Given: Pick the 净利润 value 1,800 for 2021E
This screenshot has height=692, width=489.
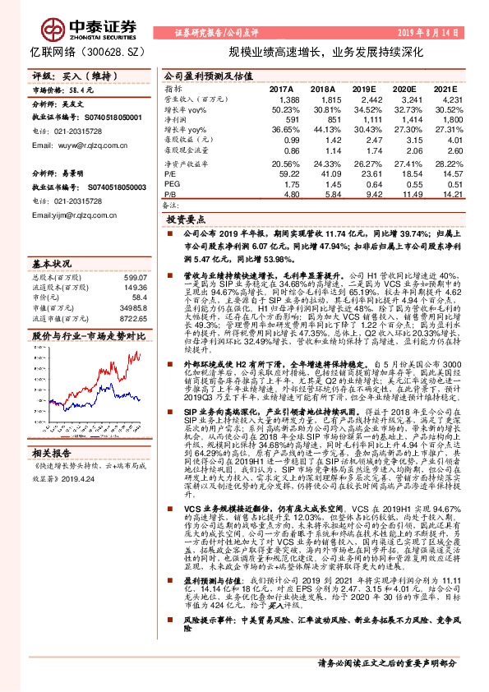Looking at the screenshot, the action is pos(441,119).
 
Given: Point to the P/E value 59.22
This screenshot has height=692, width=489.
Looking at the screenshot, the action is pos(288,173).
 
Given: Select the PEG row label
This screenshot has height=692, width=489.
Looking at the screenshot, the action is pos(171,184).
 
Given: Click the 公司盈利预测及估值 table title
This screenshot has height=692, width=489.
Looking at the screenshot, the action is pos(202,76).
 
